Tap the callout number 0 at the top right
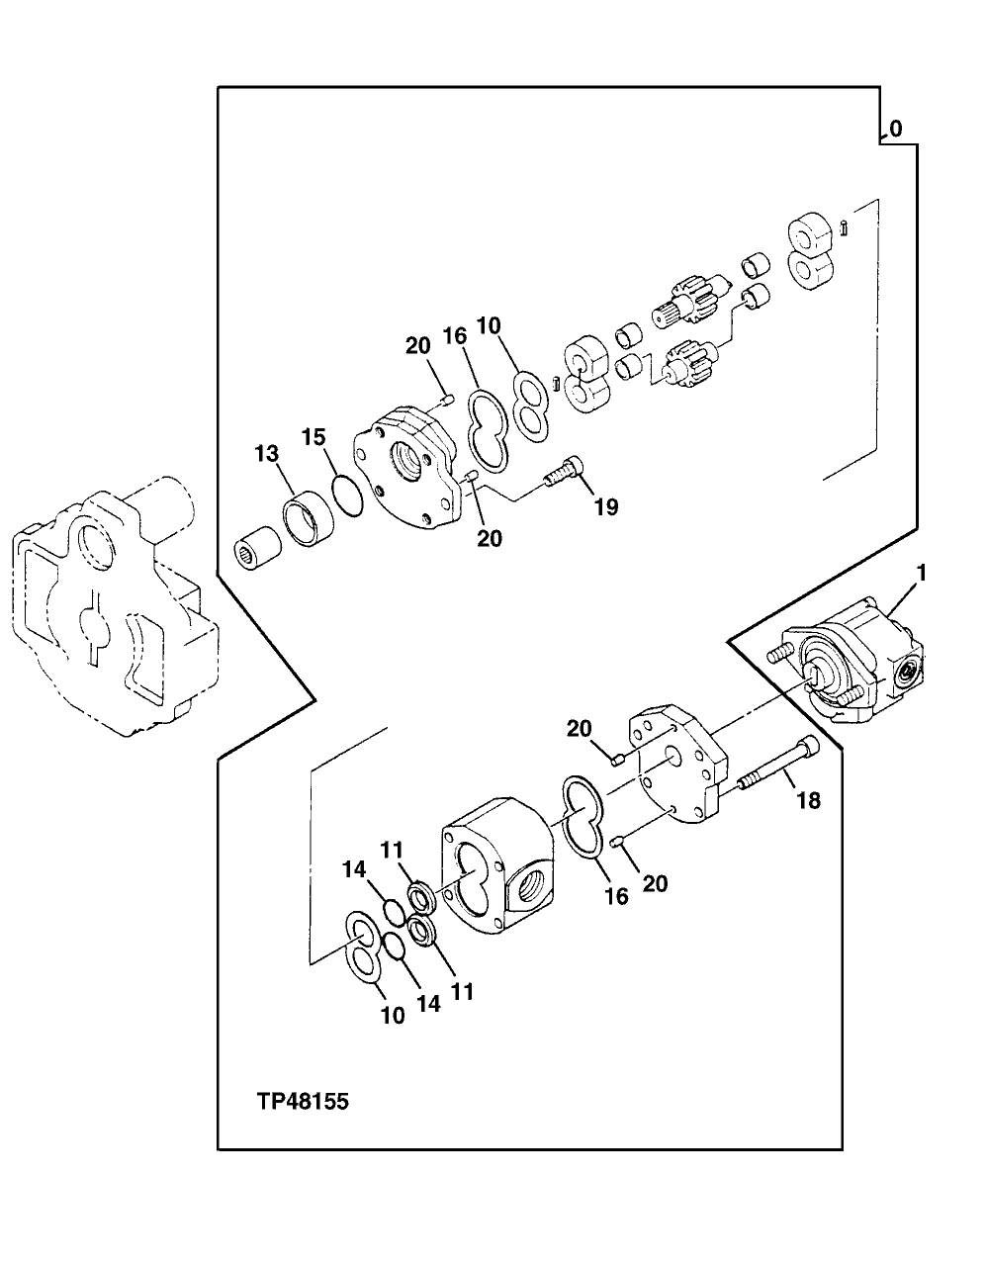pyautogui.click(x=895, y=129)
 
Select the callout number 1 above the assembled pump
pyautogui.click(x=920, y=573)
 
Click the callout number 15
pyautogui.click(x=314, y=436)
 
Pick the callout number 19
pyautogui.click(x=605, y=507)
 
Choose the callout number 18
pyautogui.click(x=808, y=800)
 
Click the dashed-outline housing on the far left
pyautogui.click(x=109, y=613)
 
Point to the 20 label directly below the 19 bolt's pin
pyautogui.click(x=489, y=538)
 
